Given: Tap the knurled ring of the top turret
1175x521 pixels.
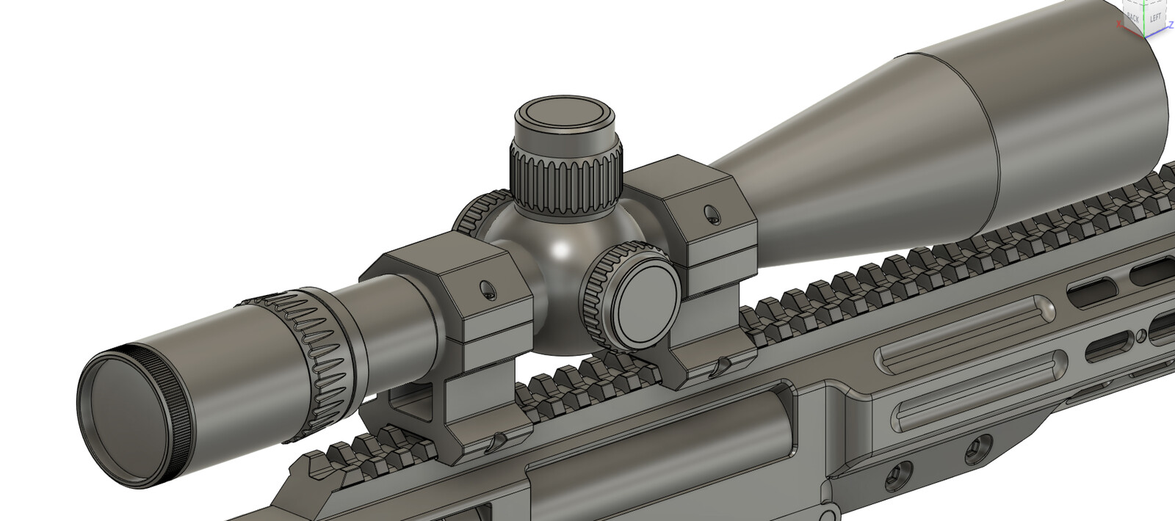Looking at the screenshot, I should coord(565,180).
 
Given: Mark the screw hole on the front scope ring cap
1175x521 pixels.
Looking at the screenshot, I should coord(709,214).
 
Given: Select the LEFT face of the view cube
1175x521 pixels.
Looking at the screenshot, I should coord(1156,17).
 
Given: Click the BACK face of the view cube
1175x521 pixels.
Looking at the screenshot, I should coord(1133,17).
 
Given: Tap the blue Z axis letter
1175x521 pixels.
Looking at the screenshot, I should coord(1171,25).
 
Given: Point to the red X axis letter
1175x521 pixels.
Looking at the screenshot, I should coord(1118,24).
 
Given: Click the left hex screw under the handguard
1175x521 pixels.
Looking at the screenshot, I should coord(894,478).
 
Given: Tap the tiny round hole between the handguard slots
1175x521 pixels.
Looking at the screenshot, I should coord(1140,336).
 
